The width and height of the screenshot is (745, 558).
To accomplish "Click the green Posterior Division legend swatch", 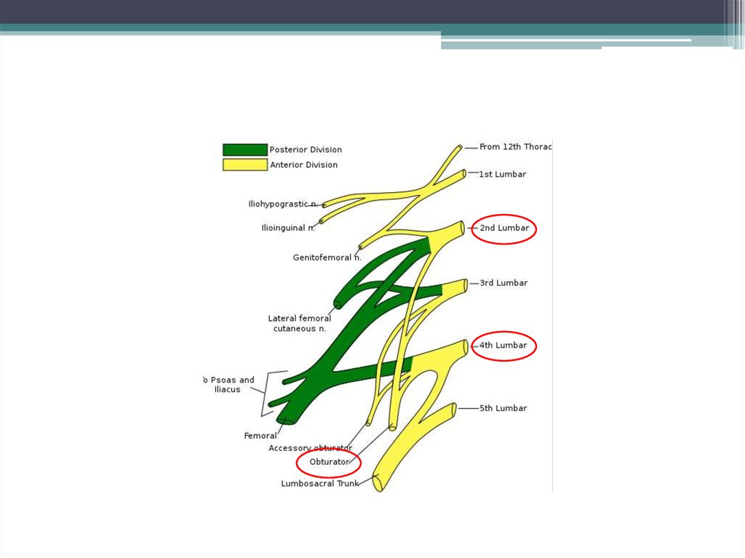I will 244,150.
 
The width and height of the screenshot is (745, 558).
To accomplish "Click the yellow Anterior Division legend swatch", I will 244,165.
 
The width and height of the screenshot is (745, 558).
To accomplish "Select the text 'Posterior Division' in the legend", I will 306,150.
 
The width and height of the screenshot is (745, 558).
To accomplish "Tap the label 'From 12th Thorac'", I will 515,147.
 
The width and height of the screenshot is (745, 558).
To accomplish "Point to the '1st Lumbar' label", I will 502,175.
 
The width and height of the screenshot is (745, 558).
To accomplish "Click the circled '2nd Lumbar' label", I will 503,228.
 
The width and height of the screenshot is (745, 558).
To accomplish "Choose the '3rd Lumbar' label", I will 503,283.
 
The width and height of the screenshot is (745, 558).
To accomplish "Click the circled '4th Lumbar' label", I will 503,346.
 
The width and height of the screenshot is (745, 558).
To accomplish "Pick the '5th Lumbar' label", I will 503,409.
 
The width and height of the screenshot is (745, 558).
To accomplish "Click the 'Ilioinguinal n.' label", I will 288,228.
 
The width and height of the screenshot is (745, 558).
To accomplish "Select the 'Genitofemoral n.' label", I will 327,258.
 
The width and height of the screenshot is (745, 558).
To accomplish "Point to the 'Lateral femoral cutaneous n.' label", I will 300,324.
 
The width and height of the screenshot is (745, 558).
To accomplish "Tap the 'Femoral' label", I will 260,437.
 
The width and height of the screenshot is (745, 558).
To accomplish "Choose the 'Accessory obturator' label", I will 310,448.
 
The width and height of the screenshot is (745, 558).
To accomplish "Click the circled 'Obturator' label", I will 330,462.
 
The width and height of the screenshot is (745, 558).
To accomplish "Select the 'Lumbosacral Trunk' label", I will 319,484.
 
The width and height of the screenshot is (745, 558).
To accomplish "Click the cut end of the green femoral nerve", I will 285,420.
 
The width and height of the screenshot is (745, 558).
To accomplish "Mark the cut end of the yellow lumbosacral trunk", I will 378,482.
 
